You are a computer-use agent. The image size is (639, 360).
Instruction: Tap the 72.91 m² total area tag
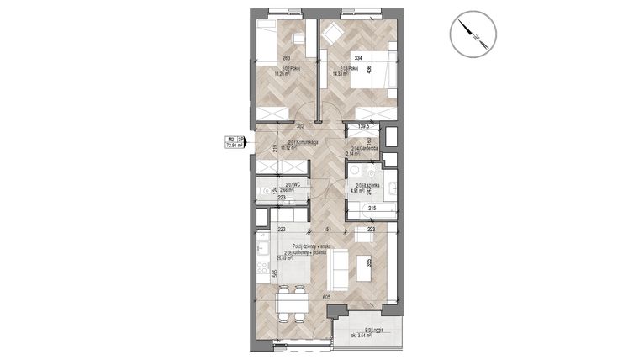(x=235, y=142)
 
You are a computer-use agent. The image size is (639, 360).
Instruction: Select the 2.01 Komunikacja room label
(x=302, y=142)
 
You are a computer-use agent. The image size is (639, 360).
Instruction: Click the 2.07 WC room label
(x=293, y=184)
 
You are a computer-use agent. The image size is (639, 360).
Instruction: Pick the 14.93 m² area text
(x=341, y=74)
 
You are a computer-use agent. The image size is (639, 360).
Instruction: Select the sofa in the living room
(x=340, y=267)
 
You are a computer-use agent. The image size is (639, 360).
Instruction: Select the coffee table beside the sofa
(x=364, y=268)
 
